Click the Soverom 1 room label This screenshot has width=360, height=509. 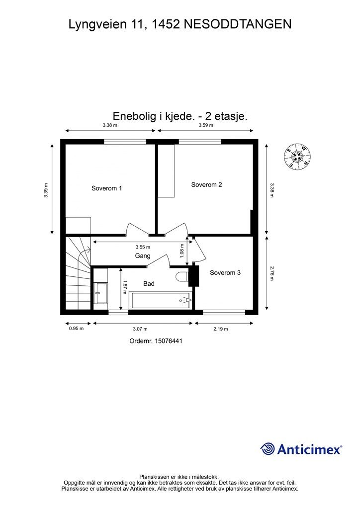(x=106, y=188)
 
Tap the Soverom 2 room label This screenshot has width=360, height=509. (x=206, y=184)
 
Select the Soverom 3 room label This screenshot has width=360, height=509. (x=225, y=272)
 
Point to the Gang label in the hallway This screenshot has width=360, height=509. (x=143, y=255)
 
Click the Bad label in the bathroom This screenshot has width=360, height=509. (x=149, y=284)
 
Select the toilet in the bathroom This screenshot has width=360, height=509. (x=182, y=277)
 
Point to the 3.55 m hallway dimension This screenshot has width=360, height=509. (x=143, y=247)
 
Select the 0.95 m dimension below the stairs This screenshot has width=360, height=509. (x=76, y=329)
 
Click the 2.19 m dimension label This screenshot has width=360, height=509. (x=220, y=329)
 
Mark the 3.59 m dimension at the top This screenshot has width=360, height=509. (x=205, y=125)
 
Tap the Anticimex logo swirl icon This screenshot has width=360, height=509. (x=268, y=449)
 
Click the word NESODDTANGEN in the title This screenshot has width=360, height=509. (x=237, y=24)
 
